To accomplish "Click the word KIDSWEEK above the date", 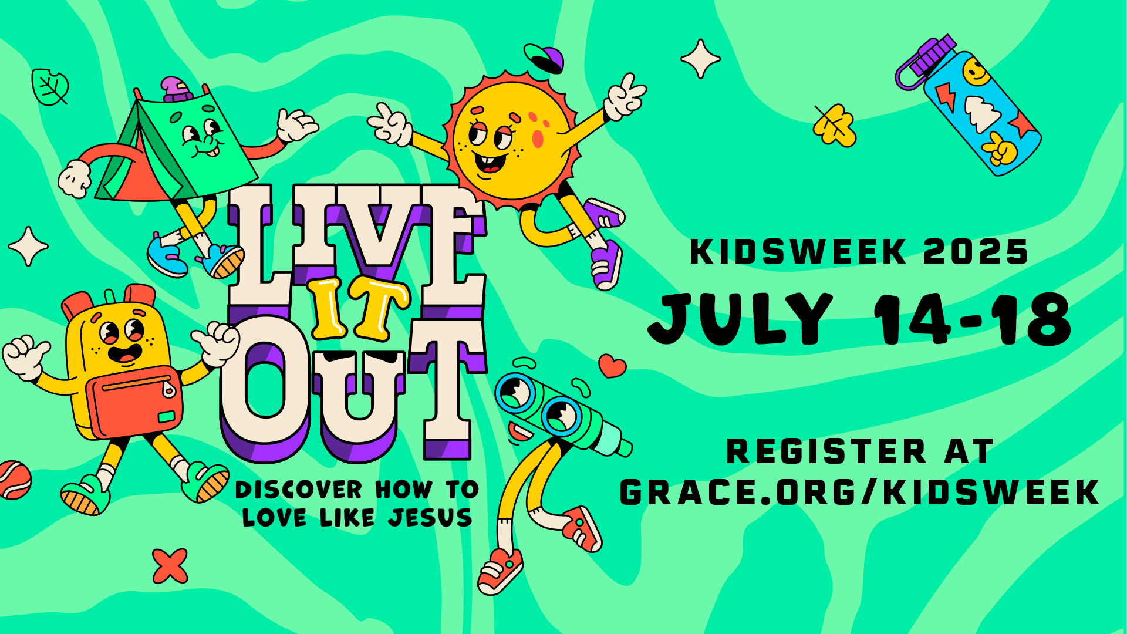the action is click(798, 252).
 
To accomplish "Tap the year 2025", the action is click(976, 252).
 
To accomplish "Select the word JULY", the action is click(741, 319).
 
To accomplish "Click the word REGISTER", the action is click(826, 451).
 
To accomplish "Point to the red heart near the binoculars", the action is click(612, 366).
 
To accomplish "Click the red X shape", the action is click(170, 566).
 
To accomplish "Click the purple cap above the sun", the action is click(544, 58).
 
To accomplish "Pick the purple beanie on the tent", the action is click(176, 89).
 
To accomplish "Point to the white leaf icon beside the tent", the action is click(50, 87).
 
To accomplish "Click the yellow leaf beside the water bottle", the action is click(834, 125).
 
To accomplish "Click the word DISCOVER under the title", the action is click(299, 490).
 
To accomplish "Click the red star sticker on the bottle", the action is click(1021, 125).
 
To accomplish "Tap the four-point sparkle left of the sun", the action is click(28, 246).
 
